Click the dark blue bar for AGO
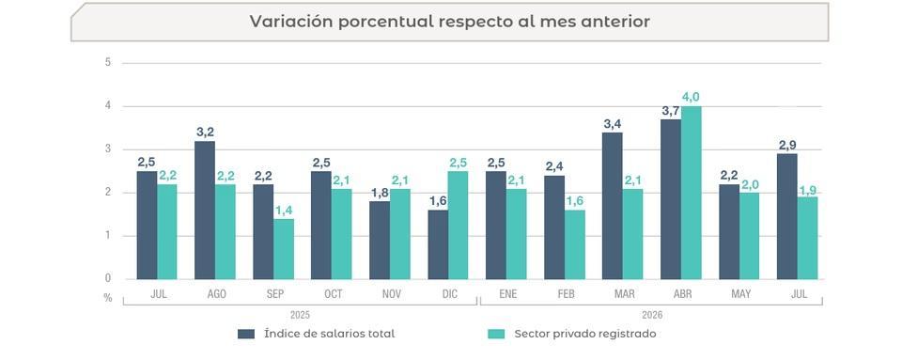click(x=205, y=210)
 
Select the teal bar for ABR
click(x=691, y=193)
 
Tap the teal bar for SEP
click(x=284, y=249)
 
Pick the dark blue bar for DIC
click(x=438, y=244)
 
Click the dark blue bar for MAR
click(x=613, y=206)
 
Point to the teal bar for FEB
click(x=575, y=244)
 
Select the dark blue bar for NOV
click(x=380, y=241)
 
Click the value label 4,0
click(x=691, y=97)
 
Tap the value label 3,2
click(x=205, y=133)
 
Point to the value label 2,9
click(x=787, y=145)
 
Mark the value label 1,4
click(x=284, y=210)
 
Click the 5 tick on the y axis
click(x=107, y=62)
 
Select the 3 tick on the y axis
click(x=107, y=149)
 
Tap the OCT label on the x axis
click(x=333, y=294)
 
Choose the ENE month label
click(x=508, y=294)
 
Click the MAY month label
click(x=741, y=294)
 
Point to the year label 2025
click(x=300, y=315)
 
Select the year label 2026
click(x=652, y=315)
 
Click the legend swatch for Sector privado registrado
click(x=496, y=334)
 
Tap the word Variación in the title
click(x=290, y=22)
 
